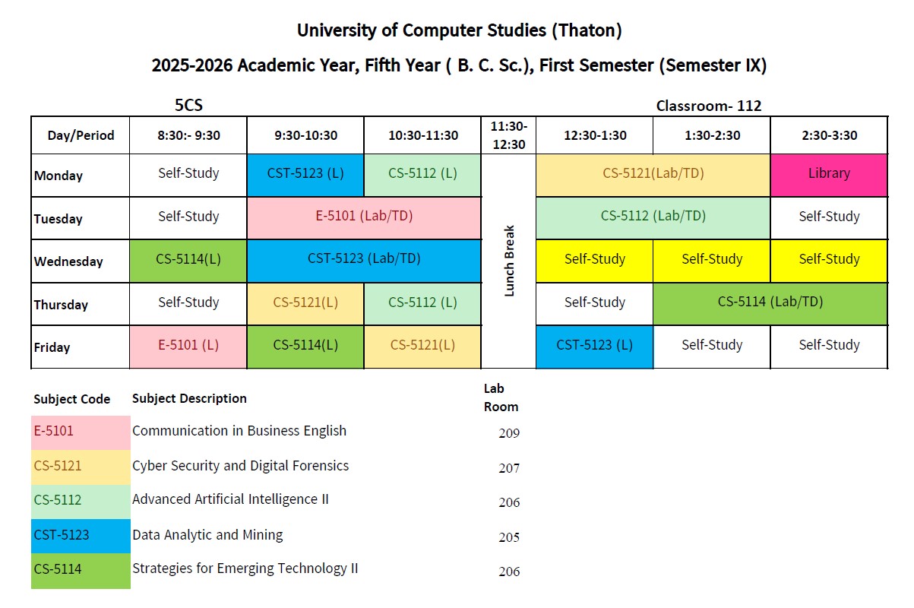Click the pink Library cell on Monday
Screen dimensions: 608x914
point(828,174)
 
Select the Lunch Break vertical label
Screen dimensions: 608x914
point(509,261)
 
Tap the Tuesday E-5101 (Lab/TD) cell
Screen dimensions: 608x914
point(364,217)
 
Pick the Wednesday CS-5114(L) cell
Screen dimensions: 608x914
point(188,260)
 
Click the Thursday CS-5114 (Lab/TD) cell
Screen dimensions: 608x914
point(770,302)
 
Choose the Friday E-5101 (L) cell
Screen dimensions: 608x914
point(188,346)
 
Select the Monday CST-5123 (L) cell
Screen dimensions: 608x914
point(305,174)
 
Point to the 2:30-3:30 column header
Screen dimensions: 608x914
point(828,135)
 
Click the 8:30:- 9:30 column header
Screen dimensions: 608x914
point(188,135)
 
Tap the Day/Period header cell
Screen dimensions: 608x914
point(81,135)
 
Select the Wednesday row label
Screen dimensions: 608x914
point(68,261)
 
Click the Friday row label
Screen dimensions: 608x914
point(52,347)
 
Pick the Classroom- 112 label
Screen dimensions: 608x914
point(708,106)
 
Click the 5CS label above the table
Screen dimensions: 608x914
point(188,106)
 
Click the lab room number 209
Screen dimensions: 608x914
point(509,434)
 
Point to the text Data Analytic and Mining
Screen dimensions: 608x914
point(207,535)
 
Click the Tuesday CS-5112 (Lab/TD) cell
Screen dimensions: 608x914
point(653,217)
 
